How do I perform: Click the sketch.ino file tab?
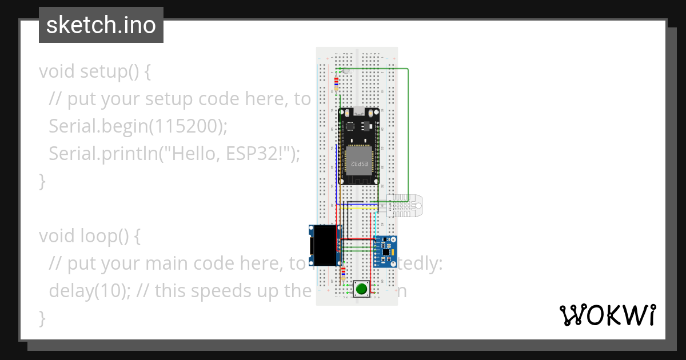pyautogui.click(x=101, y=25)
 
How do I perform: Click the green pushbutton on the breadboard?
pyautogui.click(x=361, y=289)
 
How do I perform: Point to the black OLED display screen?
pyautogui.click(x=322, y=245)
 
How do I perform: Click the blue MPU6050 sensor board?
pyautogui.click(x=386, y=252)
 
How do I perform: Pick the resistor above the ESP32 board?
pyautogui.click(x=336, y=83)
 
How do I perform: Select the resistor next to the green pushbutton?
pyautogui.click(x=342, y=274)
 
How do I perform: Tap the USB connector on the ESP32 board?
pyautogui.click(x=358, y=111)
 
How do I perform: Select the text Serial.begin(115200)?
pyautogui.click(x=138, y=127)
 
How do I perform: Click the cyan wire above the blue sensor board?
pyautogui.click(x=374, y=226)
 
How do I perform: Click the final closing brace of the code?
pyautogui.click(x=42, y=318)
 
